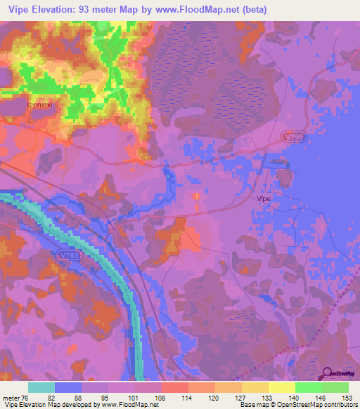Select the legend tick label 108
(x=161, y=398)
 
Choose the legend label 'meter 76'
(x=15, y=398)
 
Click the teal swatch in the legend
(x=41, y=387)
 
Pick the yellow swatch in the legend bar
(x=281, y=387)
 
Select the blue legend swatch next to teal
(x=68, y=387)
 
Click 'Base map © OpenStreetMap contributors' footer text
(x=297, y=405)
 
